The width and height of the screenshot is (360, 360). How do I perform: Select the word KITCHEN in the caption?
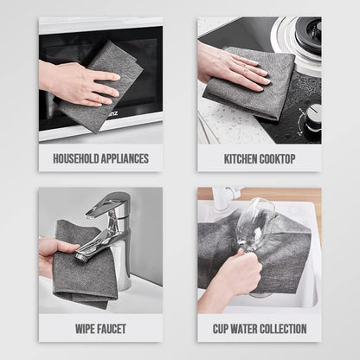click(x=241, y=159)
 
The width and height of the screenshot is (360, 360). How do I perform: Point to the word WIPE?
click(x=86, y=329)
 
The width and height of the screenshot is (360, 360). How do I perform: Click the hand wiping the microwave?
click(x=78, y=82)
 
